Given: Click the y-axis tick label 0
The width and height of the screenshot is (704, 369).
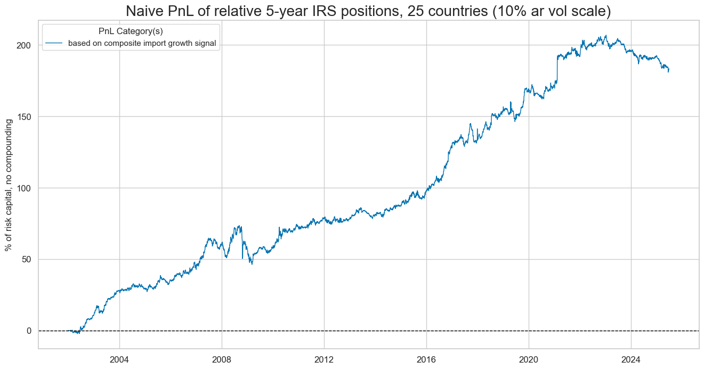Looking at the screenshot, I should (x=29, y=331).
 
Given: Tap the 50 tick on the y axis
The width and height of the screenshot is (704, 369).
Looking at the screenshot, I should (x=27, y=259).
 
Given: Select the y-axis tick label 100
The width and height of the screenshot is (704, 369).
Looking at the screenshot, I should (x=25, y=188).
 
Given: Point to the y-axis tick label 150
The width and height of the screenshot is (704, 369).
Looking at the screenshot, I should (x=25, y=117).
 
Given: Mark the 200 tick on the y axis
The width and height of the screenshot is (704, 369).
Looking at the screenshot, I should (x=25, y=45).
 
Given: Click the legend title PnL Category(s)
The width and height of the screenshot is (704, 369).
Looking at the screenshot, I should (x=131, y=31).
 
